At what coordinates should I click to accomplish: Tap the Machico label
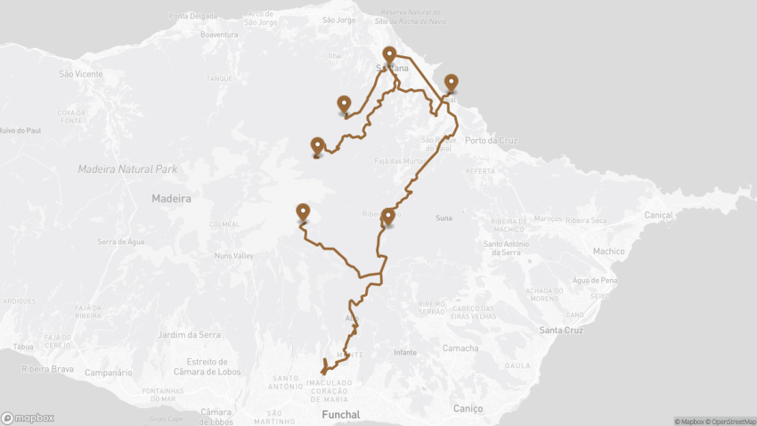609,251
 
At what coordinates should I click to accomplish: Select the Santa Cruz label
561,330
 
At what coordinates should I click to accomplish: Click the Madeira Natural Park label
127,168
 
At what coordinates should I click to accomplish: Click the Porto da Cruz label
490,141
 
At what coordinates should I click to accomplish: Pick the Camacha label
460,348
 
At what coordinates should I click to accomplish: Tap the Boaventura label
221,35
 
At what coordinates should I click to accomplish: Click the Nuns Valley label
234,256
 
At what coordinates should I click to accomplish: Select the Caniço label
468,408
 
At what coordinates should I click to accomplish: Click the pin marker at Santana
389,55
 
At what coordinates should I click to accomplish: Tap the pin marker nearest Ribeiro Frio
387,217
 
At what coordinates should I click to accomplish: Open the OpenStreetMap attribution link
729,422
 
